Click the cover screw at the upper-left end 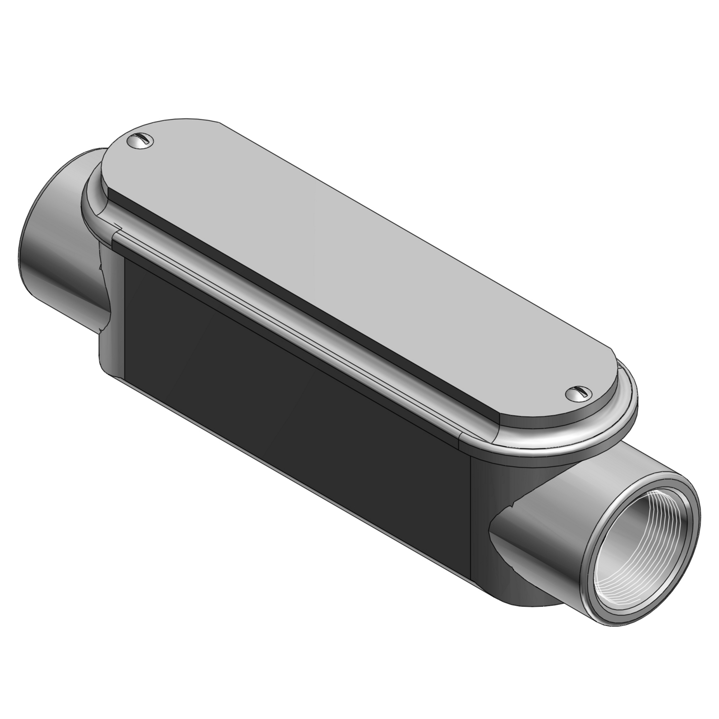tap(140, 140)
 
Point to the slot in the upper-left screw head tap(141, 139)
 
